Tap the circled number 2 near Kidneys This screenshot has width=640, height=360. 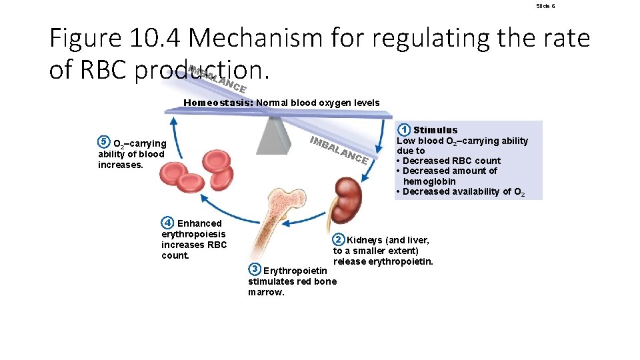tap(339, 240)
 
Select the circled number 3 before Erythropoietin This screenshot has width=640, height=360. tap(254, 270)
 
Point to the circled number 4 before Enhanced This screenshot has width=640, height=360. tap(169, 223)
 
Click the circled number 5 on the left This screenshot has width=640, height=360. tap(103, 142)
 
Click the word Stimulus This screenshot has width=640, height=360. tap(435, 130)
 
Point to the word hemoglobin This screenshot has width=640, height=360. tap(429, 181)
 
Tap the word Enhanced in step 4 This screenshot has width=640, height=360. tap(199, 223)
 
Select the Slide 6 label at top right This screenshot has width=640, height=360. tap(545, 6)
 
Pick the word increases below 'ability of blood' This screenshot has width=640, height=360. tap(121, 165)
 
